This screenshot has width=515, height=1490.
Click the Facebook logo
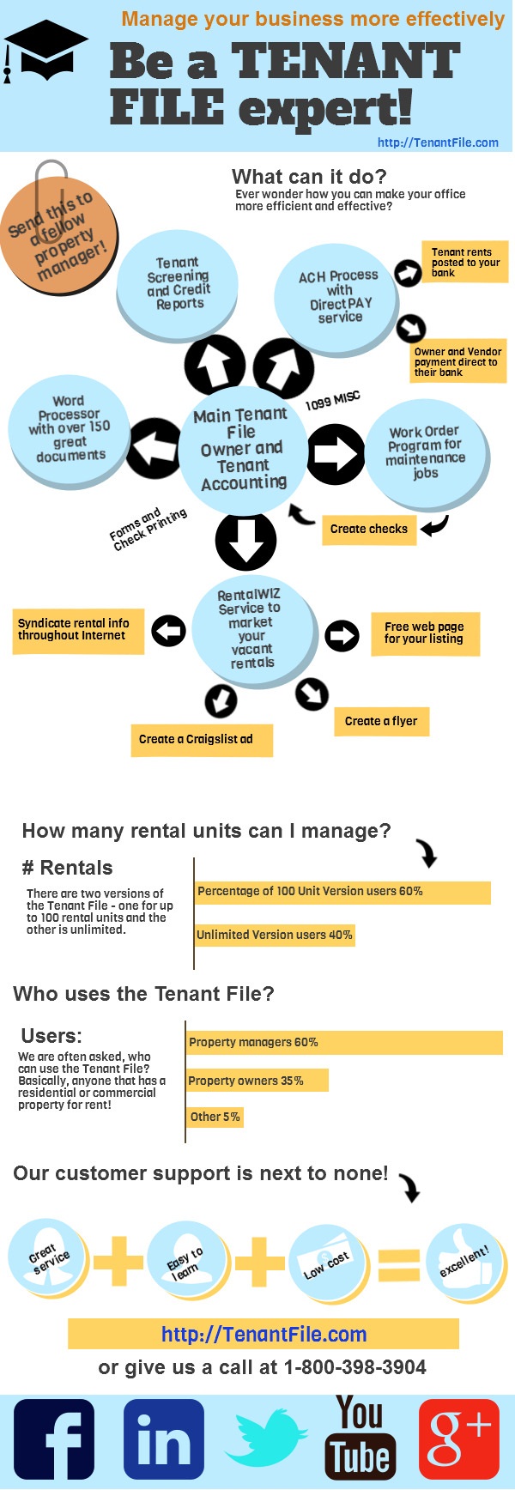[53, 1439]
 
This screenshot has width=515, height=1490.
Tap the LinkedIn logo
[163, 1439]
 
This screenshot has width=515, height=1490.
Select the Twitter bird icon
[264, 1439]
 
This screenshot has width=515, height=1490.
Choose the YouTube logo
[360, 1438]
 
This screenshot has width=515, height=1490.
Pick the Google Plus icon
[458, 1439]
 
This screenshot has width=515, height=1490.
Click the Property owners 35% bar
[257, 1081]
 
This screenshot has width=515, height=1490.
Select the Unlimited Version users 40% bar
[275, 935]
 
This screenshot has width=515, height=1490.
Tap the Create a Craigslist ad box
[201, 739]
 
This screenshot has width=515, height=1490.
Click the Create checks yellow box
[369, 530]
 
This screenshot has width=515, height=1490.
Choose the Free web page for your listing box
[425, 633]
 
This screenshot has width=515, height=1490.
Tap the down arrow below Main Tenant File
[245, 541]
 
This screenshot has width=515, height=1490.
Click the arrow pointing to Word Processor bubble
[154, 448]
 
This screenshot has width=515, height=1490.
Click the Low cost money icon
[327, 1260]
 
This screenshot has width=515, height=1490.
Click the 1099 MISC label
[333, 400]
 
